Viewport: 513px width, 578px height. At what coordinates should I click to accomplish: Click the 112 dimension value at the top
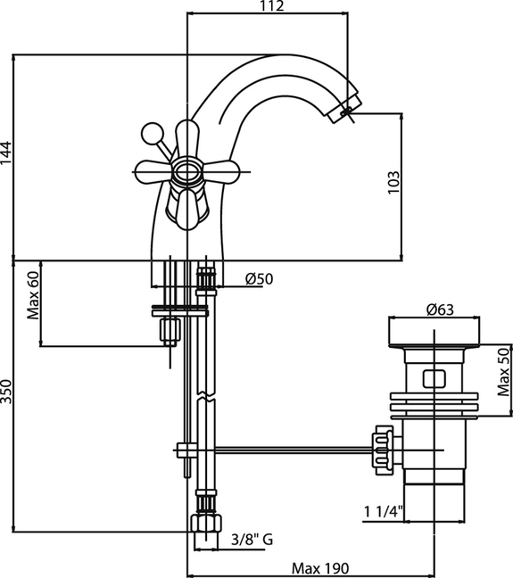[272, 6]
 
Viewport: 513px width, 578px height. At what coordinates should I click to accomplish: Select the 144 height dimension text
[6, 153]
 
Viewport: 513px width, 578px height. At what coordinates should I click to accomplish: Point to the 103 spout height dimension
[393, 181]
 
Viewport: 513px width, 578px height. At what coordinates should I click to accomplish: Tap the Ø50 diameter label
[260, 279]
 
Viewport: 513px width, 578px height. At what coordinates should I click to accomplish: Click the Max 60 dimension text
[32, 295]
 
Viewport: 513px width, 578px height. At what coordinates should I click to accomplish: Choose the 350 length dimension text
[6, 392]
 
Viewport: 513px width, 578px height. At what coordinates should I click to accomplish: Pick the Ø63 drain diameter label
[440, 310]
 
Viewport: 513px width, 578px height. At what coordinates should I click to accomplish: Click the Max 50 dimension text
[503, 372]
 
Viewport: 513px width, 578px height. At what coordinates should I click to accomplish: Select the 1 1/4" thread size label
[384, 512]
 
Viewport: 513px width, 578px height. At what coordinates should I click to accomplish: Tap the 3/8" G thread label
[252, 540]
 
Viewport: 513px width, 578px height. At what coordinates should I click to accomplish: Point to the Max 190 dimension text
[319, 568]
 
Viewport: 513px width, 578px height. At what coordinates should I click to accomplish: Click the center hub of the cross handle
[187, 172]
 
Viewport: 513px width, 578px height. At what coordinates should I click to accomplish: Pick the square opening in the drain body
[434, 378]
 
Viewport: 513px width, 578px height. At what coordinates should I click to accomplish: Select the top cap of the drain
[434, 332]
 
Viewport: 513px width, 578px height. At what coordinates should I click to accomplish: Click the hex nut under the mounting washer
[170, 330]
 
